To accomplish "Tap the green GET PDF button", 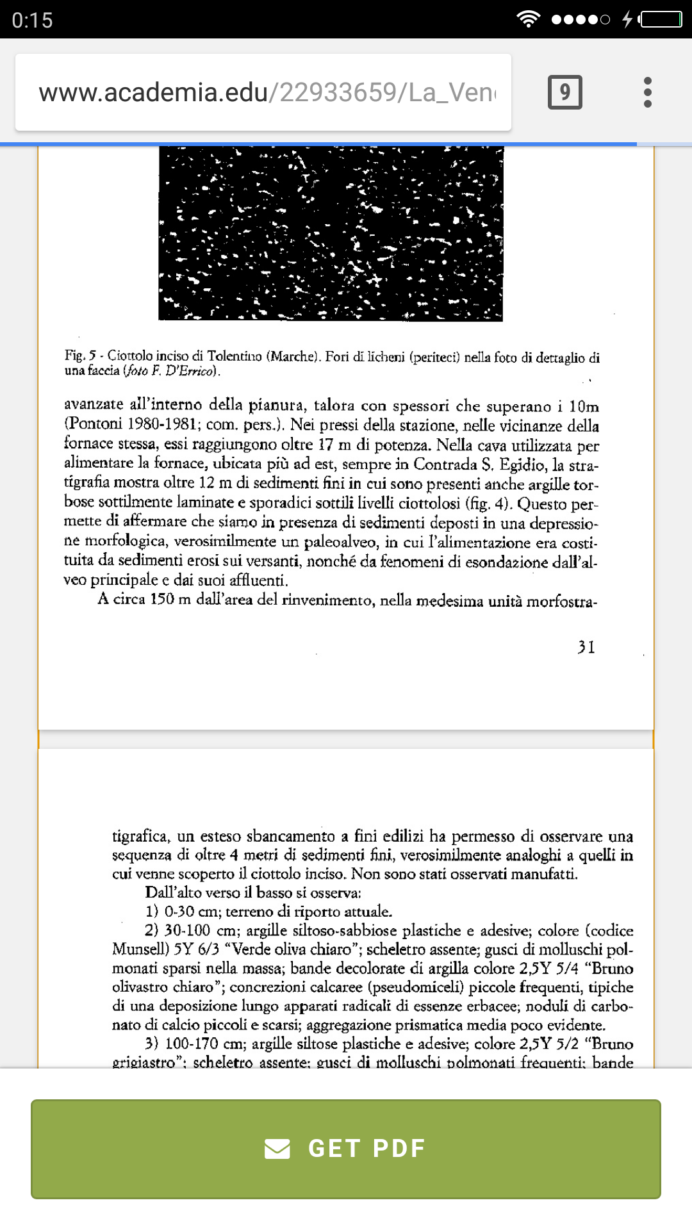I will pyautogui.click(x=346, y=1148).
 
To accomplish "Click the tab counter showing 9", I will pyautogui.click(x=564, y=92).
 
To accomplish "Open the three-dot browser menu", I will pyautogui.click(x=648, y=92).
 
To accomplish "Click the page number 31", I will pyautogui.click(x=586, y=647).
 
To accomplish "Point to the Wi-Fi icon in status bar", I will pyautogui.click(x=528, y=19).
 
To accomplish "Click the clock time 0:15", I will pyautogui.click(x=32, y=20).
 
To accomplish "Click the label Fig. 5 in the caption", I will pyautogui.click(x=80, y=356).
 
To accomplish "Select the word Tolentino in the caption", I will pyautogui.click(x=234, y=356).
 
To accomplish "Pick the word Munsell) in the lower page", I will pyautogui.click(x=140, y=949).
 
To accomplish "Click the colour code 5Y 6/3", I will pyautogui.click(x=196, y=949).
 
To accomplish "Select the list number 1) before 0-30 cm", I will pyautogui.click(x=152, y=912).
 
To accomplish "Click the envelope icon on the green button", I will pyautogui.click(x=277, y=1149).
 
